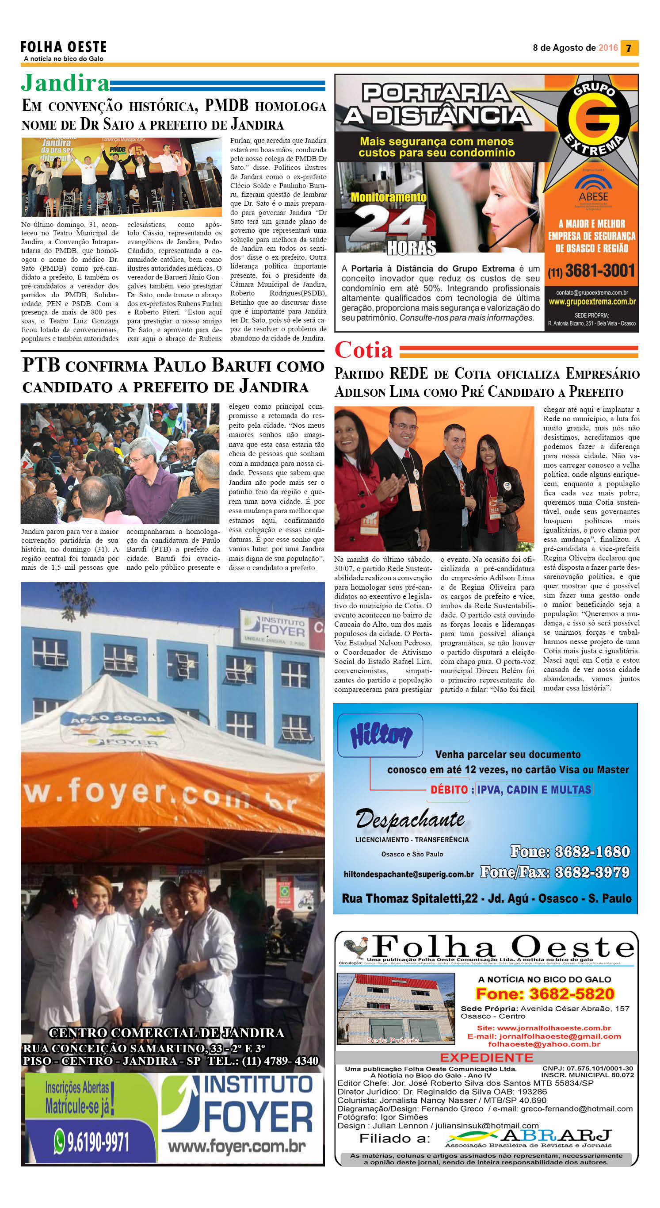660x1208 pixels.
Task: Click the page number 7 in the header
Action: pos(629,48)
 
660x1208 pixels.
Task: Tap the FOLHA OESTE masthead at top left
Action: pos(64,47)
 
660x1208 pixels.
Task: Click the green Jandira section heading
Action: pos(65,83)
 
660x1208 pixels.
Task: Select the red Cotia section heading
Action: pos(363,350)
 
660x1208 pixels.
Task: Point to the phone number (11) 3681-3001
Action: pos(591,271)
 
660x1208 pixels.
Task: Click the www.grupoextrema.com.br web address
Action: pos(591,302)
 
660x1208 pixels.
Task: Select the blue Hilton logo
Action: pos(381,735)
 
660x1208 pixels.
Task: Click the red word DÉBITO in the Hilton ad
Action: pos(449,789)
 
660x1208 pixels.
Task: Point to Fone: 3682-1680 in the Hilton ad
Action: pos(570,851)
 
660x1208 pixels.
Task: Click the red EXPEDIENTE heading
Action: pos(486,1058)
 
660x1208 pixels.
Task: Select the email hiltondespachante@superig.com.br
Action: pos(408,874)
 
